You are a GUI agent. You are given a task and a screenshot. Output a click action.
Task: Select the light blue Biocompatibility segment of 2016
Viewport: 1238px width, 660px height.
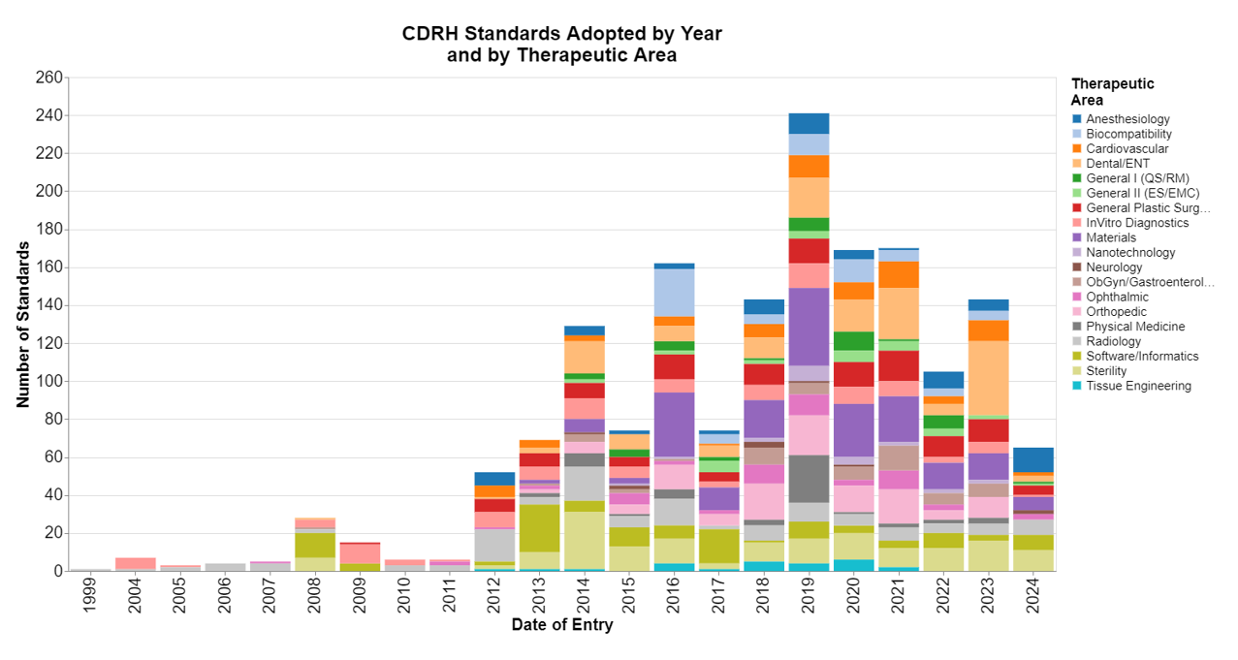point(674,292)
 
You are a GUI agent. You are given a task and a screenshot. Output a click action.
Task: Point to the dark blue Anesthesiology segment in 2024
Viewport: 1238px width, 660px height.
point(1032,459)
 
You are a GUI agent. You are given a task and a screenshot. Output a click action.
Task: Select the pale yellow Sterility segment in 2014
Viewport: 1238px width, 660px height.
point(585,540)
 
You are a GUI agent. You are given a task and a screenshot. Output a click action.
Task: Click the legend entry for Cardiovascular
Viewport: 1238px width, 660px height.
point(1127,148)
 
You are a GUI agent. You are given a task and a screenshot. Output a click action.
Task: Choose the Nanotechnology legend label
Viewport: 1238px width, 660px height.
point(1130,252)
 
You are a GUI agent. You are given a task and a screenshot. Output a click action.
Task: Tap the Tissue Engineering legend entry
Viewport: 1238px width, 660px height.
point(1138,386)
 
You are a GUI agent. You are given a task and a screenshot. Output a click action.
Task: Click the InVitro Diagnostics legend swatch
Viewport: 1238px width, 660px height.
point(1077,223)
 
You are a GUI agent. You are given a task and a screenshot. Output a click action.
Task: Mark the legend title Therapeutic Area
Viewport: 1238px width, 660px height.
point(1112,92)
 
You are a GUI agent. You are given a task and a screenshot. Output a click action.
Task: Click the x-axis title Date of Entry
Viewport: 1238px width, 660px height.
point(561,626)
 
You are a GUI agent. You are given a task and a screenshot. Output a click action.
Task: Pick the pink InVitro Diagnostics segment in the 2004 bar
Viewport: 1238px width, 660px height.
point(136,563)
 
